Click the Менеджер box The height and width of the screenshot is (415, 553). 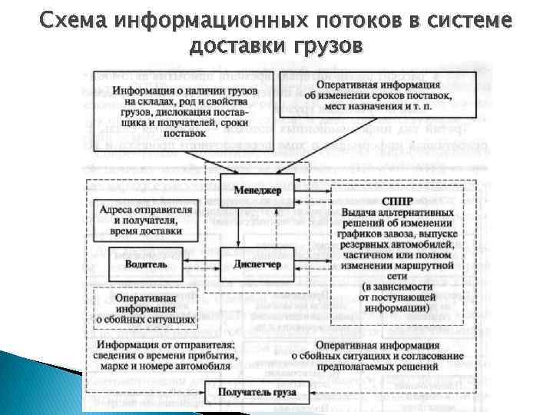coord(257,189)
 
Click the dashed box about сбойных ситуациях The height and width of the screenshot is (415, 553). coord(146,307)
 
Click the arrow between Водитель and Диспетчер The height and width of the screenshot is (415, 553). coord(201,264)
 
